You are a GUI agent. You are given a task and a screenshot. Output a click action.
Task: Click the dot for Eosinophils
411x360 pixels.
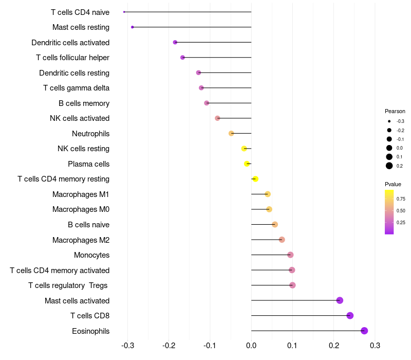coord(364,331)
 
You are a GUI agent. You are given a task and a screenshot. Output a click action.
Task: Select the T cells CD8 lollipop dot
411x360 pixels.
coord(350,316)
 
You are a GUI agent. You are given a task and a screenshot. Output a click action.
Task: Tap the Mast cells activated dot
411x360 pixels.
coord(340,300)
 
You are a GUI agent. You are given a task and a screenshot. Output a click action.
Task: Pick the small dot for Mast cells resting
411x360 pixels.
coord(133,27)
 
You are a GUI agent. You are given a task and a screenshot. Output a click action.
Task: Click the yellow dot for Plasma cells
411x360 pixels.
coord(247,164)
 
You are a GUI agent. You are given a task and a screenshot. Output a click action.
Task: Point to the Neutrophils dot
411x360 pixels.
coord(231,133)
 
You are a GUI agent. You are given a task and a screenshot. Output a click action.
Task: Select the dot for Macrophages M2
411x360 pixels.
coord(282,240)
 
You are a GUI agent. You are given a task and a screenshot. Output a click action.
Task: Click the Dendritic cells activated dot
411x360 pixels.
coord(175,42)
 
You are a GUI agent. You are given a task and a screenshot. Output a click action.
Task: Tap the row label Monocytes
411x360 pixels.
coord(91,255)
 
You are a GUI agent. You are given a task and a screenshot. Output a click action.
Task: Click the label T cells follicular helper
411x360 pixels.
coord(72,58)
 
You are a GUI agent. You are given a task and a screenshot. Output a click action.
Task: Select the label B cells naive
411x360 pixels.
coord(88,225)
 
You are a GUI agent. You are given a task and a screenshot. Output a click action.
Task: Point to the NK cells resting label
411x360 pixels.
coord(83,149)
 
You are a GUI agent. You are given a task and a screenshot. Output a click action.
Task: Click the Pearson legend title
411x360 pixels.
coord(395,111)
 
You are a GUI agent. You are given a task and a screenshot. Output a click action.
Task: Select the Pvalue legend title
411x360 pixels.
coord(393,184)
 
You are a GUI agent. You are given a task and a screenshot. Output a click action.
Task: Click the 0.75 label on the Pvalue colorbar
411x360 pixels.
coord(401,199)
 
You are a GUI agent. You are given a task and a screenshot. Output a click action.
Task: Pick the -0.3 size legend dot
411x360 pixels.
coord(389,121)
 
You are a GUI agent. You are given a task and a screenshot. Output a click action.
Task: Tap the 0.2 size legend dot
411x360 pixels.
coord(389,166)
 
